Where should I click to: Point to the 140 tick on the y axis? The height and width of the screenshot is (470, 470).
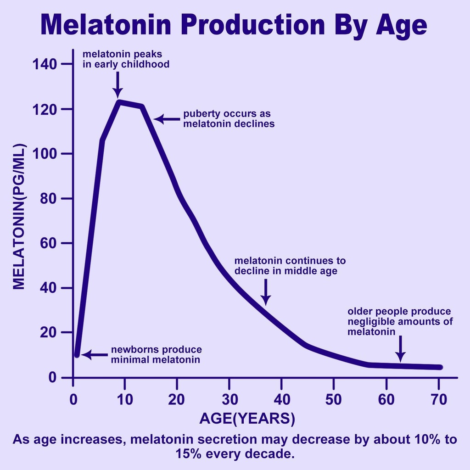(x=45, y=64)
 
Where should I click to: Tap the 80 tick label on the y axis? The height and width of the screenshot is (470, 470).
(x=48, y=198)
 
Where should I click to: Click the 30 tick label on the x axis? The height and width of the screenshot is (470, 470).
(x=229, y=399)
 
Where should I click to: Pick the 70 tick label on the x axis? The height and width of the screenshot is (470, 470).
(x=438, y=399)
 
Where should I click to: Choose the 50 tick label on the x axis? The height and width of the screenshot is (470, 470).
(x=334, y=399)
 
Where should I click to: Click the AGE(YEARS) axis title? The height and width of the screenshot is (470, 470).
(x=247, y=419)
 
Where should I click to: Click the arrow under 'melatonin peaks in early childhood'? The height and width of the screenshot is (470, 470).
(x=117, y=84)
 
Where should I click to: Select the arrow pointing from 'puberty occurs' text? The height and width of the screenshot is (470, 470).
(x=167, y=119)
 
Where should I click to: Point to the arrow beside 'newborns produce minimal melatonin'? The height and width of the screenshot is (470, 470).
(x=94, y=355)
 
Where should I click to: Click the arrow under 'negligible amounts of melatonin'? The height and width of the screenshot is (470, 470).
(x=401, y=349)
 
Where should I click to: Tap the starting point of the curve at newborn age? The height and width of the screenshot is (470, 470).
(x=77, y=354)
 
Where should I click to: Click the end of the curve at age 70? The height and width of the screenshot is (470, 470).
(x=440, y=367)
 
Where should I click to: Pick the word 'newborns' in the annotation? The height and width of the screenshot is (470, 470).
(x=132, y=350)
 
